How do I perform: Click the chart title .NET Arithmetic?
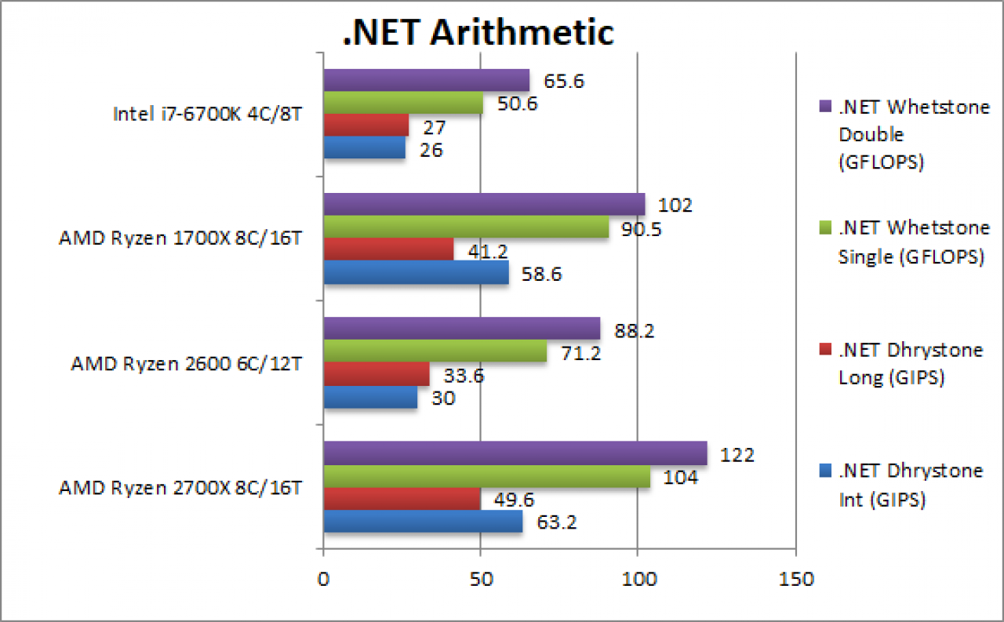(x=478, y=32)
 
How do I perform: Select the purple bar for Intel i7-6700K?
(x=426, y=80)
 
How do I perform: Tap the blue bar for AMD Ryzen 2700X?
(x=423, y=521)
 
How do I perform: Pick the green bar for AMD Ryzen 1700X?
(x=466, y=227)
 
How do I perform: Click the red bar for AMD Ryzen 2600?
(x=376, y=373)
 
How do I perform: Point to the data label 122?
(x=737, y=455)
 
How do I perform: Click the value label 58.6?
(x=541, y=274)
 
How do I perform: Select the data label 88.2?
(x=635, y=331)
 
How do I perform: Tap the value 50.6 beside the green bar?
(x=517, y=104)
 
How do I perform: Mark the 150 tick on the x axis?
(x=796, y=579)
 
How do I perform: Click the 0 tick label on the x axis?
(x=323, y=579)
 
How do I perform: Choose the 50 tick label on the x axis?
(x=481, y=579)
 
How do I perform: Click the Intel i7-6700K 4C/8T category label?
(x=208, y=114)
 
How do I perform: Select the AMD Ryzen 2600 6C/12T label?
(x=187, y=363)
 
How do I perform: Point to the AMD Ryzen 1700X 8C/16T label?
(x=180, y=238)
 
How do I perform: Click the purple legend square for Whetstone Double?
(x=825, y=106)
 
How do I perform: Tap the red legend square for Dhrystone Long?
(x=825, y=348)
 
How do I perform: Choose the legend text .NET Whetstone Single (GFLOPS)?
(x=914, y=242)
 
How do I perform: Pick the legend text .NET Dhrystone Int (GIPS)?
(x=911, y=485)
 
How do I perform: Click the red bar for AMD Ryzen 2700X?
(x=402, y=498)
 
